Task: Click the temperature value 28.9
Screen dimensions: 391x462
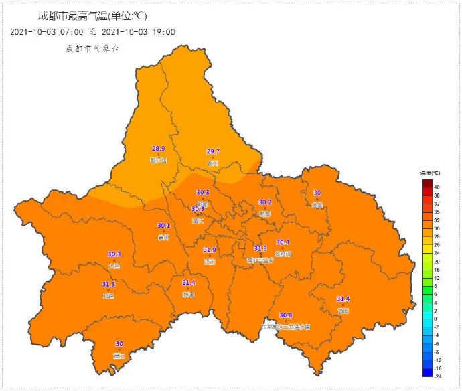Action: pos(159,149)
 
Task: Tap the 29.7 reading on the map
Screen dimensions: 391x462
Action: pos(213,151)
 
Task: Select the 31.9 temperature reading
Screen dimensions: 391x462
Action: pos(210,250)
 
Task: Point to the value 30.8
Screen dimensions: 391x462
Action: pos(286,315)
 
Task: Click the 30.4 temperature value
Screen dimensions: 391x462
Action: pos(283,242)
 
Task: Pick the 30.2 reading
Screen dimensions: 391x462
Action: pos(265,202)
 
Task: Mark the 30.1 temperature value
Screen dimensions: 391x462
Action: pos(163,226)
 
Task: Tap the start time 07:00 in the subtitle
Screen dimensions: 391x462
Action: pos(71,31)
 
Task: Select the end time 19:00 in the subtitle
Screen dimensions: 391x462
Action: pos(163,31)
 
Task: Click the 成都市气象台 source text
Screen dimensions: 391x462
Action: pos(92,48)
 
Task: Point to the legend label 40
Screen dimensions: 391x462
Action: pos(437,187)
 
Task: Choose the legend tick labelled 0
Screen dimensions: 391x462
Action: pos(435,319)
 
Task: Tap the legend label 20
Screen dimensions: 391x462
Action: pos(437,261)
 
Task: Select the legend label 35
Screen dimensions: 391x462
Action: pos(437,212)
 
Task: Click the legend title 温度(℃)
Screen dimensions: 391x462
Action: pos(431,173)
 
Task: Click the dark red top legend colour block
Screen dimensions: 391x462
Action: pos(427,183)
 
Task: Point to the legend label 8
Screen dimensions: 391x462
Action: pos(435,286)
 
